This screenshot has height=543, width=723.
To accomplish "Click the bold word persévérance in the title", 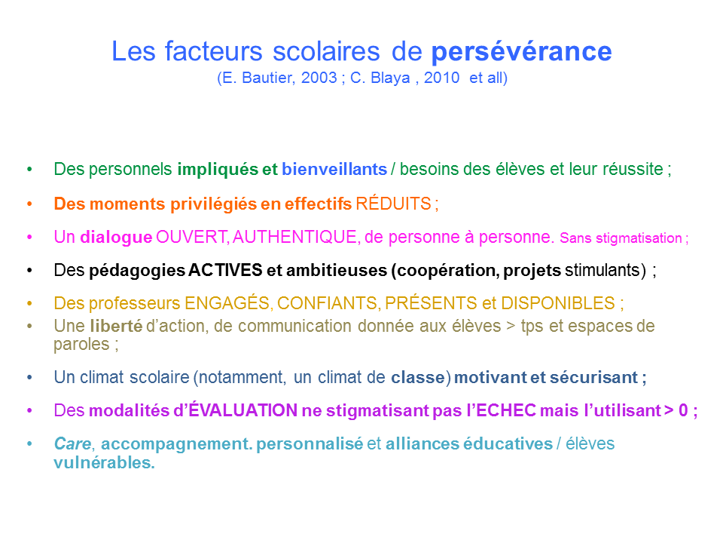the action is point(521,52).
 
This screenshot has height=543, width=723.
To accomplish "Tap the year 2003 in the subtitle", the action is point(319,78).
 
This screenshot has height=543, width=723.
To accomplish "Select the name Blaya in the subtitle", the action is point(390,78).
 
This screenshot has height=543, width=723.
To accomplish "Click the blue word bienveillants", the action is point(334,169).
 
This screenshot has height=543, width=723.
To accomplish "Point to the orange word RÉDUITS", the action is point(393,203).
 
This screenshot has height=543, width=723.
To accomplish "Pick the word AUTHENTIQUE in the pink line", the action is point(295,237).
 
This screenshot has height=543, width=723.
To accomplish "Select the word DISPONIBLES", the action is point(558,303).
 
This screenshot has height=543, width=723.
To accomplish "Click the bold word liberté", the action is point(116,326).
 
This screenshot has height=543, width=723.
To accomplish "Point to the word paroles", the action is point(81,345).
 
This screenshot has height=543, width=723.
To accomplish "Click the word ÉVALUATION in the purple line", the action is point(243,410).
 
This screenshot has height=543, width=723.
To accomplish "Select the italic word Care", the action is point(72,443).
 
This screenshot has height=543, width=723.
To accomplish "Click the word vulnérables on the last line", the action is point(104,462).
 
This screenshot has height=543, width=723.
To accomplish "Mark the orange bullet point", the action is point(29,204).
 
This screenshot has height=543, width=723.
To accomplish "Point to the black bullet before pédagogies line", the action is point(29,270).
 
